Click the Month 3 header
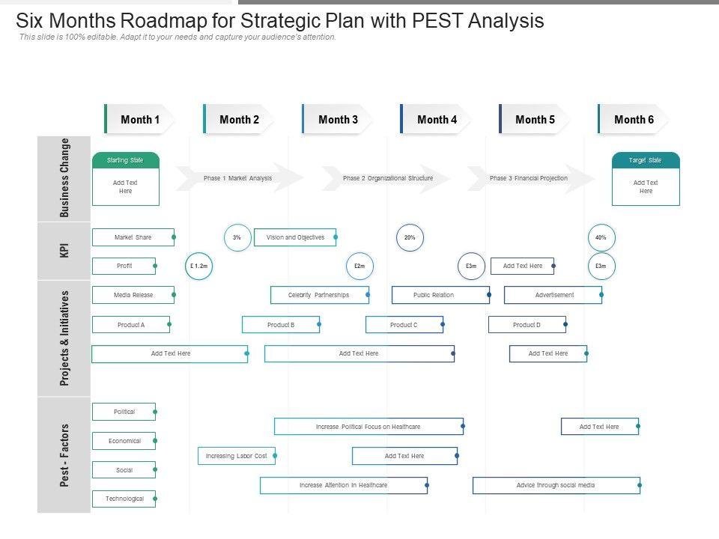(338, 119)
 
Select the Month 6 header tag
(634, 119)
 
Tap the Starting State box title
(125, 160)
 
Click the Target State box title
(646, 160)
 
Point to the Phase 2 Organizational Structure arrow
(387, 178)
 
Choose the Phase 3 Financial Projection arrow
(529, 178)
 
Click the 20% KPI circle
(410, 237)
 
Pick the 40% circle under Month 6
(601, 237)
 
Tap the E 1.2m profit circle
(198, 266)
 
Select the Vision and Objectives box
(295, 237)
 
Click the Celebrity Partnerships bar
(319, 295)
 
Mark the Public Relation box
(440, 295)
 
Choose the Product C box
(404, 325)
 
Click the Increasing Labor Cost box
(237, 456)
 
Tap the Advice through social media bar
(556, 485)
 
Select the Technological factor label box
(124, 499)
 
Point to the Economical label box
(124, 441)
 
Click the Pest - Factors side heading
(64, 455)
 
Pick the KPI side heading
(64, 250)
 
